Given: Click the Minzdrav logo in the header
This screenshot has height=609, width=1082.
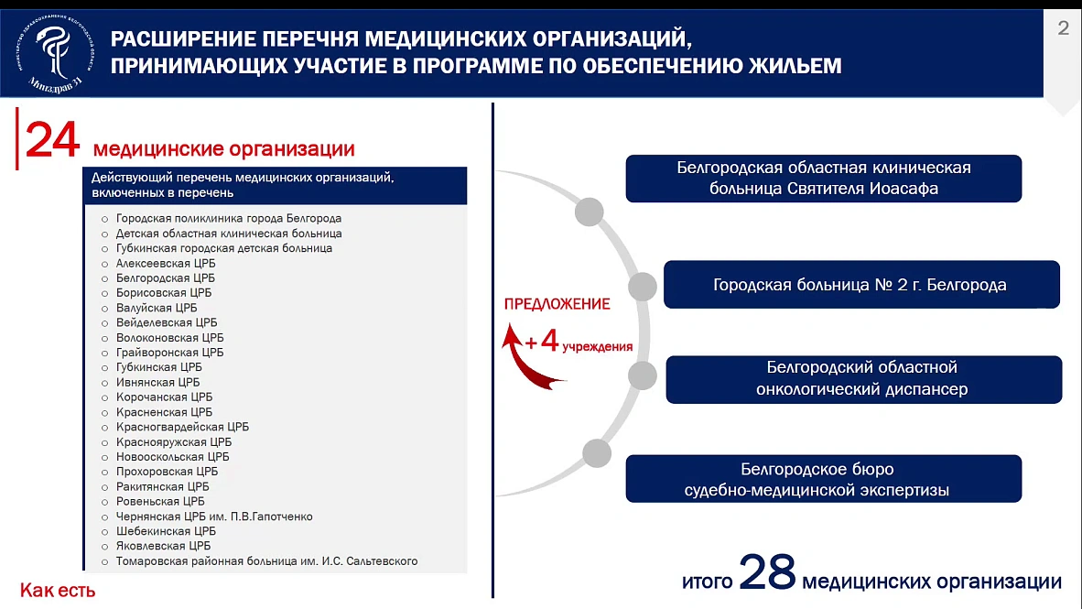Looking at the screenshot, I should coord(55,51).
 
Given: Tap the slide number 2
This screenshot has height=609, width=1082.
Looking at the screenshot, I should coord(1063,28).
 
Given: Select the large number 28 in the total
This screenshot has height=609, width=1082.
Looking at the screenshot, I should coord(767,574).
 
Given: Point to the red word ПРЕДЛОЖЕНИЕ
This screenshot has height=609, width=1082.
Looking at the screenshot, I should coord(557,304).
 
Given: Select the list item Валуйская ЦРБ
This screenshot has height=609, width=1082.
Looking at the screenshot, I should coord(157,308).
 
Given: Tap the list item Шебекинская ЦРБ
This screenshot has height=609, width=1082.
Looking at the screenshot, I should coord(166,531).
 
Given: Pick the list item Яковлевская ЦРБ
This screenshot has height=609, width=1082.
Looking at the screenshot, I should coord(163,546).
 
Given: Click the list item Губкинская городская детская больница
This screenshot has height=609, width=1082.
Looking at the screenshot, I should coord(223,248).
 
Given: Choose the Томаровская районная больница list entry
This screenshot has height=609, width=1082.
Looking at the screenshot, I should coord(266,560).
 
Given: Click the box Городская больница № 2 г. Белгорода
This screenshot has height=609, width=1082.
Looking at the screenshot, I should coord(860,285).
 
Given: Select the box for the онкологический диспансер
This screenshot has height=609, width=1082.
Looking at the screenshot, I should coord(863,379).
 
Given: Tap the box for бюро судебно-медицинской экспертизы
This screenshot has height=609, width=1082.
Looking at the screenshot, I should coord(823,479).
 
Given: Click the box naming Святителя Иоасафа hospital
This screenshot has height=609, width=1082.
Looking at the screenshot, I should coord(823,179).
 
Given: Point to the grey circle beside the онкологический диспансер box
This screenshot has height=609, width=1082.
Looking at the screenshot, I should coord(643,375).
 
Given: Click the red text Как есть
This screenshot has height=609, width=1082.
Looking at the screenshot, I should coord(58,591).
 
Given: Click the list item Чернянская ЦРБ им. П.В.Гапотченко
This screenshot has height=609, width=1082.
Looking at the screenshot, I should coord(214,517).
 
